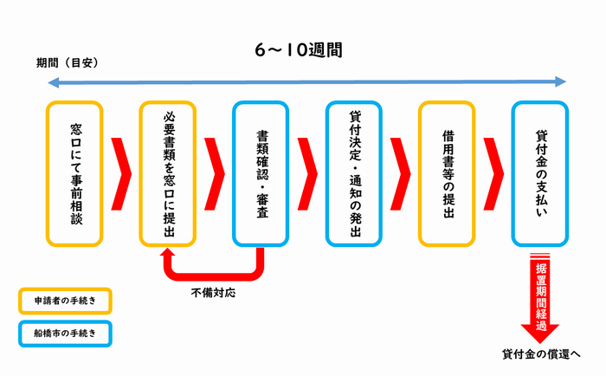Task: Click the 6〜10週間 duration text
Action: coord(299,50)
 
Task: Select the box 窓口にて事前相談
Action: coord(75,172)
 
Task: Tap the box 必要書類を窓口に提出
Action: coord(169,172)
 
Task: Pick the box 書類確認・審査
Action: coord(261,172)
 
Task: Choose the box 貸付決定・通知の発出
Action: coord(354,172)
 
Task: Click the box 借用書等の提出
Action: coord(447,172)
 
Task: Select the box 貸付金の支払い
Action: coord(540,172)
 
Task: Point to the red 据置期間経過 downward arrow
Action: coord(540,303)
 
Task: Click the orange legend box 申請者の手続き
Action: coord(66,301)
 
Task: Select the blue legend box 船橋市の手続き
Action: coord(66,332)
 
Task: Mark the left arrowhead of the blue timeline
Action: coord(52,82)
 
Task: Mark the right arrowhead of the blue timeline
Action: coord(563,82)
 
